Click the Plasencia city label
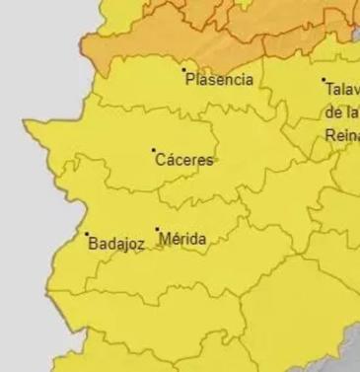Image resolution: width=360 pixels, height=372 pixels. coord(219,79)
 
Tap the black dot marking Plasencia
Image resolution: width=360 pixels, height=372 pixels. coord(183,69)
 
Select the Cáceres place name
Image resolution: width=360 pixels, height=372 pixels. coord(184,159)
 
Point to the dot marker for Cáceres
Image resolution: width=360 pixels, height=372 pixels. coord(154,150)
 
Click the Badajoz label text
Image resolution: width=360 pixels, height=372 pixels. coord(116,243)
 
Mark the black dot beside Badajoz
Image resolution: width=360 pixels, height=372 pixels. coord(86,234)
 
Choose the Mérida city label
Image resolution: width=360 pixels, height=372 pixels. coord(182,238)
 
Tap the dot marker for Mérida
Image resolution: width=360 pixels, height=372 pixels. coord(157,230)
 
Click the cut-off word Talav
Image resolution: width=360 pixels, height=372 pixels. coord(342,88)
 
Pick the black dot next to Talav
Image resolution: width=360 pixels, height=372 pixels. coord(324,80)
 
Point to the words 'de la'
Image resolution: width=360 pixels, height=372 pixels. coord(339,113)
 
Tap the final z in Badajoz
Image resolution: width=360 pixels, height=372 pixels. coord(142,244)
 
